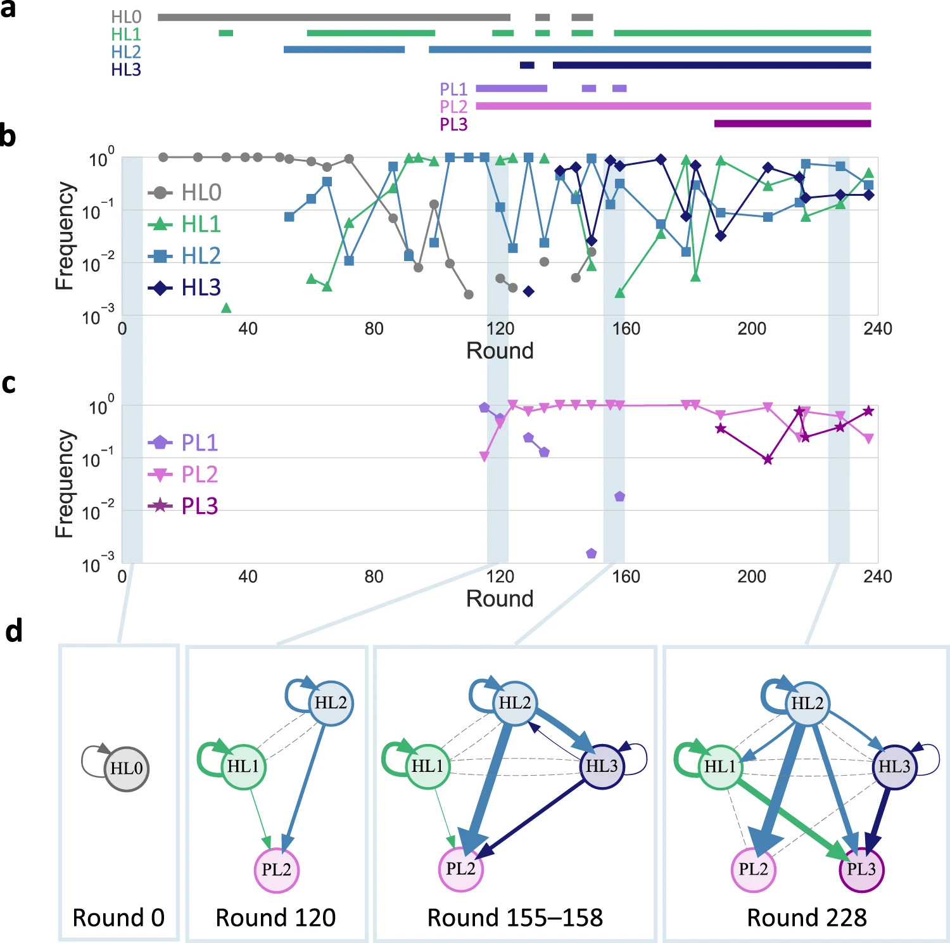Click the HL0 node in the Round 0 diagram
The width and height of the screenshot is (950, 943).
[x=127, y=768]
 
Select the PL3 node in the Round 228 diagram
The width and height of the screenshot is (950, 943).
[x=861, y=869]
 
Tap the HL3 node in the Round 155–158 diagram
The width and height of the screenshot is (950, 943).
[x=602, y=766]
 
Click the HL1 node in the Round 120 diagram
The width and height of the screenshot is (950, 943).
[x=243, y=766]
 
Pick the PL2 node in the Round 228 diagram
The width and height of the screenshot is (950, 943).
[x=753, y=869]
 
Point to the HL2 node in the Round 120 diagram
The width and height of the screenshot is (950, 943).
[x=331, y=702]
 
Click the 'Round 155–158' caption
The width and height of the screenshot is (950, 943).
[x=515, y=917]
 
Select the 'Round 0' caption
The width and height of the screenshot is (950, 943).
[x=118, y=917]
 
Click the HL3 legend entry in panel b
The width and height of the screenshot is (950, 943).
[x=201, y=288]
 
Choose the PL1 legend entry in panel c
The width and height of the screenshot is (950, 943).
[x=199, y=442]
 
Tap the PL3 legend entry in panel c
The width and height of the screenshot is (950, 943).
[x=199, y=506]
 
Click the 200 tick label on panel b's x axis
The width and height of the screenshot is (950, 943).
[x=751, y=328]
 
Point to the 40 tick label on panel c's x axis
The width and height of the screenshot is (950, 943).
[x=248, y=576]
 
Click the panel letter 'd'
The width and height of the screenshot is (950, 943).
[x=14, y=631]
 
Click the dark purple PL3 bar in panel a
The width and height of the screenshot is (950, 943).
[x=792, y=124]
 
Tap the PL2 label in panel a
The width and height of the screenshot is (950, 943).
[x=453, y=106]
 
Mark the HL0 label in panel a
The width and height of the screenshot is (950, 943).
[x=126, y=17]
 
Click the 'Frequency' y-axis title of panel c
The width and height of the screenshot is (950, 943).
[x=65, y=484]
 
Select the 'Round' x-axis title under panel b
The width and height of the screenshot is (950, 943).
[x=500, y=350]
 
